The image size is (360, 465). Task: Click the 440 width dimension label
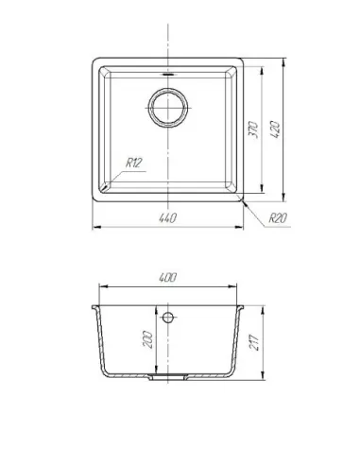click(167, 218)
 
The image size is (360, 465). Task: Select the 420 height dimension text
click(275, 129)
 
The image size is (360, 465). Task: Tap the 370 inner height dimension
click(253, 129)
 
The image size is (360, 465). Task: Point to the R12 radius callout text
click(134, 163)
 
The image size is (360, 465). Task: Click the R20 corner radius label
click(278, 217)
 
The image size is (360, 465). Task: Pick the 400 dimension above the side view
click(167, 278)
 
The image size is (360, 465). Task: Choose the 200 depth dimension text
click(147, 339)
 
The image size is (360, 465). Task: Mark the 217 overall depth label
click(254, 342)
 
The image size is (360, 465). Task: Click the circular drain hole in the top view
click(168, 108)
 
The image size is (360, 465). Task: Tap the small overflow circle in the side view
click(168, 318)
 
